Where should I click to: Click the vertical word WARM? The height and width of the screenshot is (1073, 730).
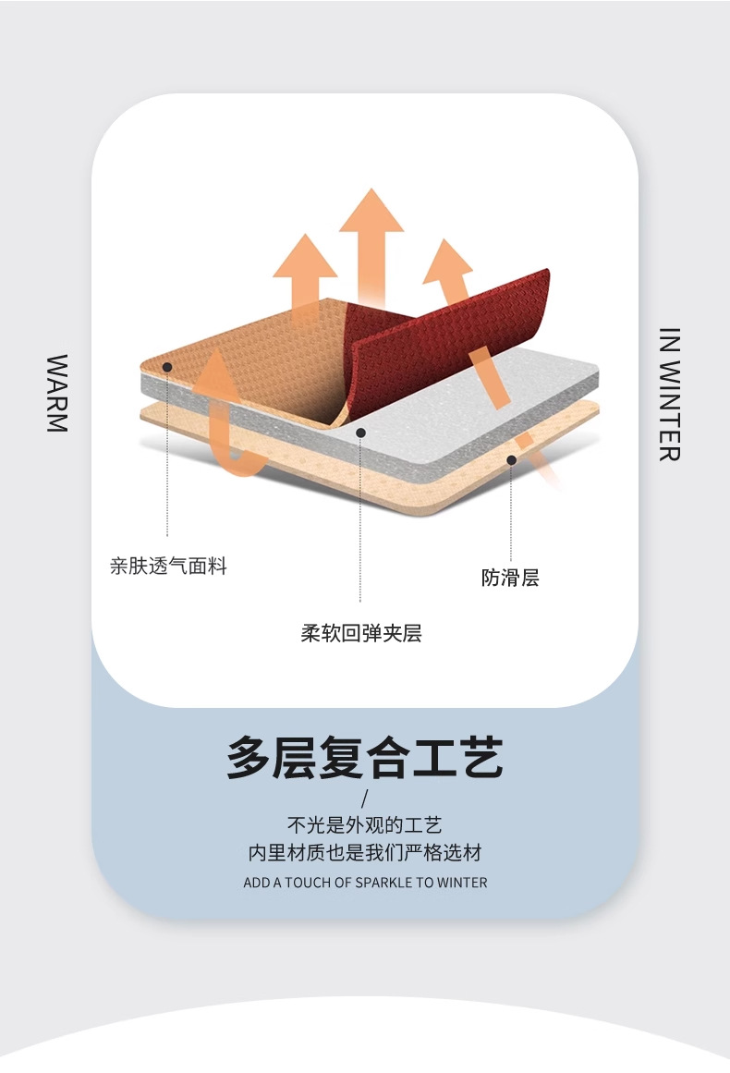[x=57, y=393]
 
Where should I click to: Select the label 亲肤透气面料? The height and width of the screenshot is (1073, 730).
[x=168, y=567]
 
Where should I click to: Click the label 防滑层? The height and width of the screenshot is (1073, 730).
[x=510, y=579]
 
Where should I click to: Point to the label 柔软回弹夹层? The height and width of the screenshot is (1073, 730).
[x=360, y=633]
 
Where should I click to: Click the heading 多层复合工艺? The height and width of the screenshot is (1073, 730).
[x=365, y=758]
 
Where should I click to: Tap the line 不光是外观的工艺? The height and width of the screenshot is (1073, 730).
[x=365, y=825]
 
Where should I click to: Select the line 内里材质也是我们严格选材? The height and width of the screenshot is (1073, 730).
[x=365, y=853]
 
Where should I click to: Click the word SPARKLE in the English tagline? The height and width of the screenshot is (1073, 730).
[x=383, y=883]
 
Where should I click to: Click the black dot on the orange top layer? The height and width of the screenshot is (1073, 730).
[x=167, y=367]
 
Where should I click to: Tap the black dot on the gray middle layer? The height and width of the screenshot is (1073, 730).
[x=361, y=432]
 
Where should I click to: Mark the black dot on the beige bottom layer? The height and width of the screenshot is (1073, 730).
[x=511, y=459]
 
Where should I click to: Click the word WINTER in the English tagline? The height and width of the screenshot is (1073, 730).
[x=462, y=883]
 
